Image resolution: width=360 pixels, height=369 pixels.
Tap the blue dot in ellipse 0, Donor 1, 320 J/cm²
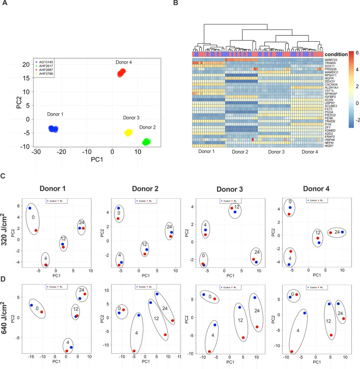pos(30,208)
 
